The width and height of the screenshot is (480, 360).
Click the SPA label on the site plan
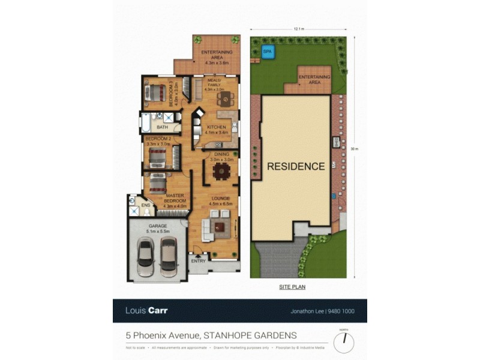coord(267,52)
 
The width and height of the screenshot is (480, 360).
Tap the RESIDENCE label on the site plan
coord(296,166)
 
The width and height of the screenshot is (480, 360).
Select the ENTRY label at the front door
coord(198,261)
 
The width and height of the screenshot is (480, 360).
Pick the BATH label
coord(162,127)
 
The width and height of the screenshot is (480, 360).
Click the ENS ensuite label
coord(145,206)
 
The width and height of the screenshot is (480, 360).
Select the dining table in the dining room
coord(221,172)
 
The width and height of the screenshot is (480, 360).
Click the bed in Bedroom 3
coord(155,93)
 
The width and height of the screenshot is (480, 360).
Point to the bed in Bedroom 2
coord(158,157)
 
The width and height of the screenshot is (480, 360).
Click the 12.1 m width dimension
coord(299,28)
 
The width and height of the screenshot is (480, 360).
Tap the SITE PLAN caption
coord(292,287)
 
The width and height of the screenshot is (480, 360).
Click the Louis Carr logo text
coord(146,311)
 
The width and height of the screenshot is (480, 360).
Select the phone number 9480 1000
coord(343,311)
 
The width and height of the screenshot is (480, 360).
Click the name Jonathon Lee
coord(302,311)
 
